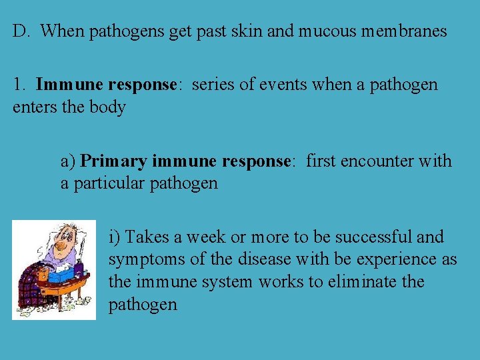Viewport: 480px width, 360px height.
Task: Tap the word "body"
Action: coord(107,107)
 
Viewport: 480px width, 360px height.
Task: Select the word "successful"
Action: coord(374,237)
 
